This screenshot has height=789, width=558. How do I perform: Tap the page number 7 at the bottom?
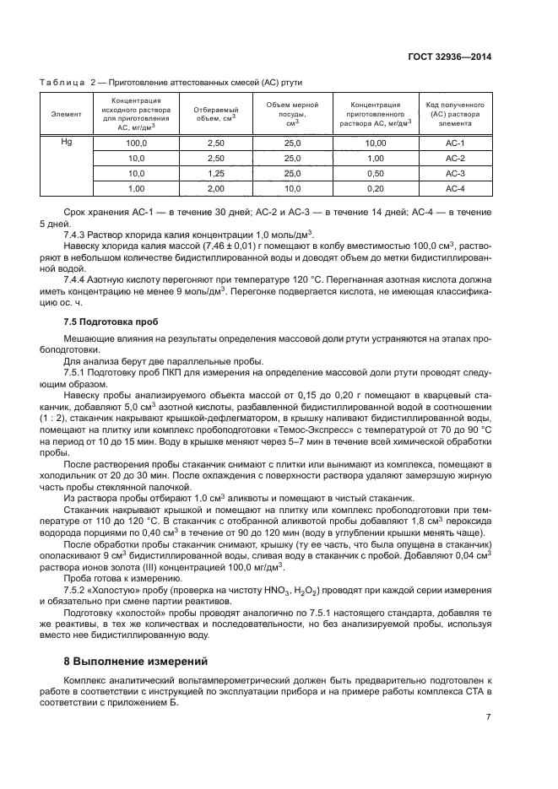click(489, 718)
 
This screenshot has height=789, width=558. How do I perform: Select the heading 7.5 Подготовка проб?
click(111, 322)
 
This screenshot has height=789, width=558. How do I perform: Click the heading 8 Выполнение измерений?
click(135, 661)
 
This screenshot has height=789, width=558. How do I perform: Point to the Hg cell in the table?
click(67, 142)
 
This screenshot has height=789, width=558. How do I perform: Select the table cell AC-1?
click(455, 143)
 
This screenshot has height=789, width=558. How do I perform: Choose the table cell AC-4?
click(455, 188)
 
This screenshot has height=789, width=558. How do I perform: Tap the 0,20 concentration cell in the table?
click(376, 188)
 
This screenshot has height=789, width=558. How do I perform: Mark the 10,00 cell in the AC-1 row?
click(376, 143)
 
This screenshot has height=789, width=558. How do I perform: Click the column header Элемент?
click(67, 113)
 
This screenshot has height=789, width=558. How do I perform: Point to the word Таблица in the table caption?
click(62, 82)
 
